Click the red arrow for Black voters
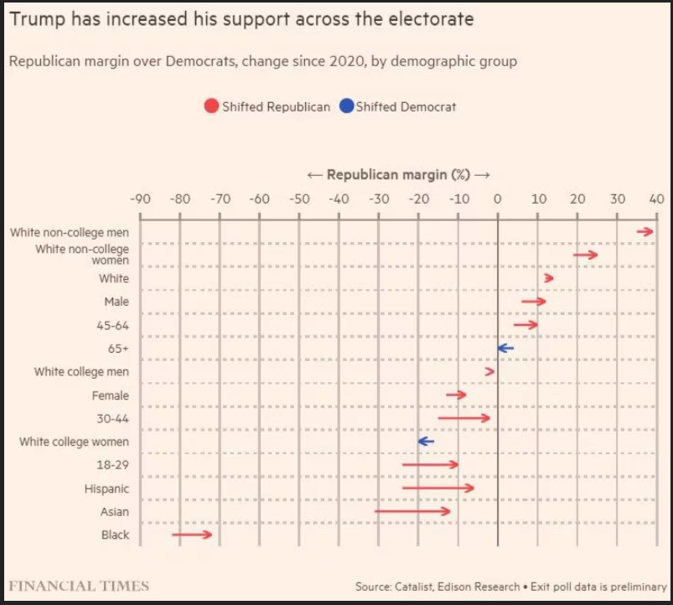pyautogui.click(x=192, y=534)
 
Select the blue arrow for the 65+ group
pyautogui.click(x=505, y=348)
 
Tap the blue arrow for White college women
pyautogui.click(x=426, y=441)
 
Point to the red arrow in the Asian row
pyautogui.click(x=412, y=510)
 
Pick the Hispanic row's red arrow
pyautogui.click(x=438, y=488)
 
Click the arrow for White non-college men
pyautogui.click(x=645, y=231)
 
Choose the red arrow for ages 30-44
pyautogui.click(x=463, y=417)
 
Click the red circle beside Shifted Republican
pyautogui.click(x=211, y=106)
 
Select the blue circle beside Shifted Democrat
pyautogui.click(x=346, y=106)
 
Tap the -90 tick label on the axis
pyautogui.click(x=139, y=199)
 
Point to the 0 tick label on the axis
pyautogui.click(x=497, y=199)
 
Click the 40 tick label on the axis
pyautogui.click(x=655, y=199)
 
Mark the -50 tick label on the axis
pyautogui.click(x=298, y=199)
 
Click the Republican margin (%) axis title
pyautogui.click(x=398, y=175)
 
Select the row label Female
pyautogui.click(x=111, y=395)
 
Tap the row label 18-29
pyautogui.click(x=114, y=465)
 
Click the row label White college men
pyautogui.click(x=81, y=371)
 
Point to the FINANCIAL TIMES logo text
pyautogui.click(x=79, y=586)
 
